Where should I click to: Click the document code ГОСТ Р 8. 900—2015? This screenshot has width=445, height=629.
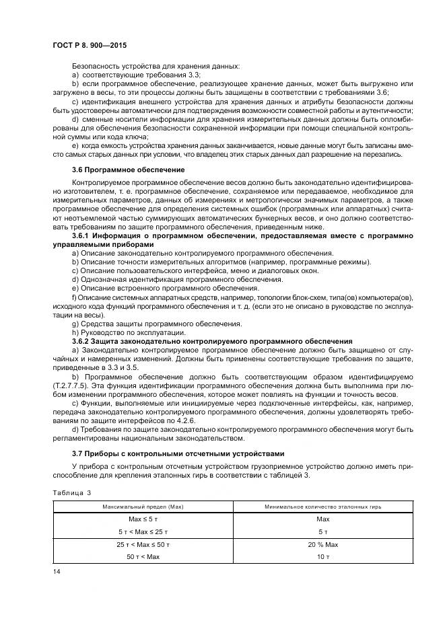(x=90, y=46)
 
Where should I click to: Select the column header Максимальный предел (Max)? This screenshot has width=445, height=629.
(x=142, y=506)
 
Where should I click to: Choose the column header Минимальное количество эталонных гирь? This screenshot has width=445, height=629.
(x=322, y=506)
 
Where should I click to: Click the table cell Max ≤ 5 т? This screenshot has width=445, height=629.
(x=142, y=519)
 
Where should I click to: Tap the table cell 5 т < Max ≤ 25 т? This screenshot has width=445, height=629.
(x=142, y=531)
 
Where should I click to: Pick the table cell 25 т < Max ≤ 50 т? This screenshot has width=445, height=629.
(x=142, y=544)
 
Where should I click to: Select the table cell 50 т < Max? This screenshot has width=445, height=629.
(x=142, y=557)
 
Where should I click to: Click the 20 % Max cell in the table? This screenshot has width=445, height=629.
(x=322, y=544)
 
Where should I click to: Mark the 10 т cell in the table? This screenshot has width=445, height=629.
(x=322, y=557)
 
